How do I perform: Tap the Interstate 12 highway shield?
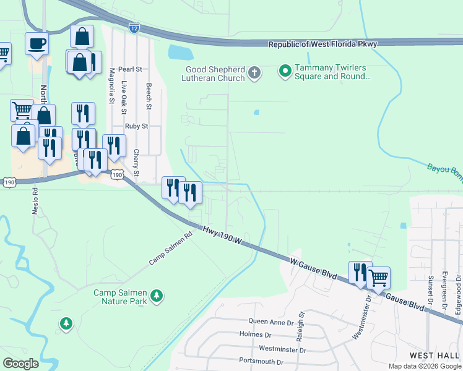[135, 28]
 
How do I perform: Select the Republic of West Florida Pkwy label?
[322, 44]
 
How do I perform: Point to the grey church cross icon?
[254, 74]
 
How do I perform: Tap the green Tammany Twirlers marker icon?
[285, 72]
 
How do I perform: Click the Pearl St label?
[130, 69]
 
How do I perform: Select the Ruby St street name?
[136, 126]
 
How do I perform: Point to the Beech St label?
[149, 96]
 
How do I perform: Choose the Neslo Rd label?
[35, 201]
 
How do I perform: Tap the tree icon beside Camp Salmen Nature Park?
[157, 296]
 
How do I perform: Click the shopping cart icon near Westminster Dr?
[378, 278]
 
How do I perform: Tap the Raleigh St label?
[301, 324]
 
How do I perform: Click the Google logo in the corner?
[20, 364]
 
